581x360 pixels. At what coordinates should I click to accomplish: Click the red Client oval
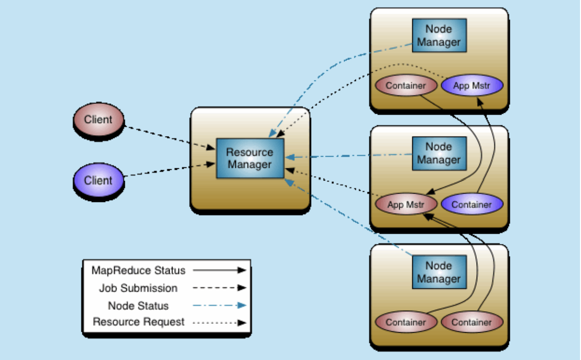(98, 120)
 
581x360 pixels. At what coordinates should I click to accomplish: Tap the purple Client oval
(98, 180)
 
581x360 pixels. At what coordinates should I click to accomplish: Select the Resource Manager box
(250, 159)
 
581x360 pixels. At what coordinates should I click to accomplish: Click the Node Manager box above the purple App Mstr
(439, 36)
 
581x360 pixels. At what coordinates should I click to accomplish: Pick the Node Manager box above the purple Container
(439, 153)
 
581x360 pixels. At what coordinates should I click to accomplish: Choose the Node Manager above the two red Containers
(439, 272)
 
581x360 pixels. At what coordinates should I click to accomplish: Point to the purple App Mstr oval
(471, 86)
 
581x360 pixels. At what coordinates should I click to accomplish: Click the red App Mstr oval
(406, 204)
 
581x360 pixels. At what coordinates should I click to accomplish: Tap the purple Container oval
(471, 204)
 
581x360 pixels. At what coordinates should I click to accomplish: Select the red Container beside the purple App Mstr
(406, 86)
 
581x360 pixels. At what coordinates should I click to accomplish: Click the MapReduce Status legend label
(138, 270)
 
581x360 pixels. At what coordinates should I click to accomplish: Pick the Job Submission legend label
(138, 288)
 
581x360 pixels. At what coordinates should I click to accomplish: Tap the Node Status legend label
(138, 306)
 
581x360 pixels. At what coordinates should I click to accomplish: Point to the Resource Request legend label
(138, 322)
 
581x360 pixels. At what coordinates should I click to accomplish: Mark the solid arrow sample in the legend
(219, 270)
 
